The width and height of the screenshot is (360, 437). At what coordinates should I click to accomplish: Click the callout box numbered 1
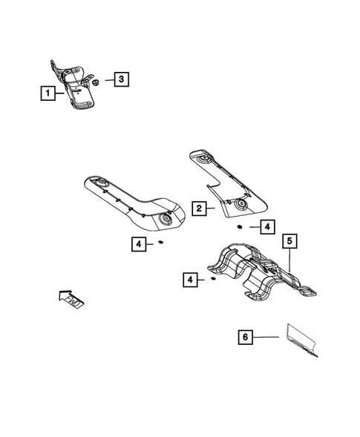point(47,93)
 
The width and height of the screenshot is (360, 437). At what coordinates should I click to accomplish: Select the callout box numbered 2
point(198,208)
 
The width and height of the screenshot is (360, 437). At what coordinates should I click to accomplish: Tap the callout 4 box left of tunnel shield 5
point(190,280)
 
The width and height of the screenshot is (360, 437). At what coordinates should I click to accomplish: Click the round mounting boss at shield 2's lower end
point(241,203)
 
